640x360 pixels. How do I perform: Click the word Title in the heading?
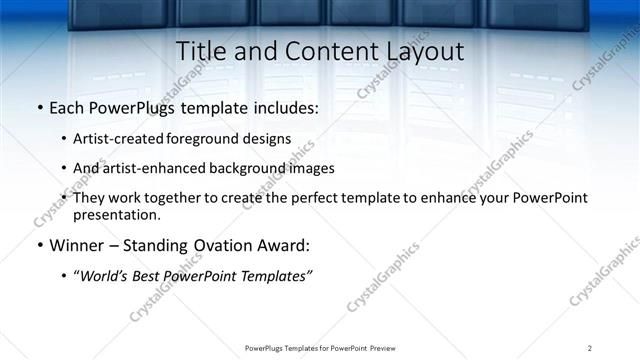(199, 51)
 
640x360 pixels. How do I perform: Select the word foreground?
(213, 139)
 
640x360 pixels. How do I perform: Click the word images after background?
(310, 168)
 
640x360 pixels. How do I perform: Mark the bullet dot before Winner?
(38, 245)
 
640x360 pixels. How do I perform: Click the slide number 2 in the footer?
(590, 347)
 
